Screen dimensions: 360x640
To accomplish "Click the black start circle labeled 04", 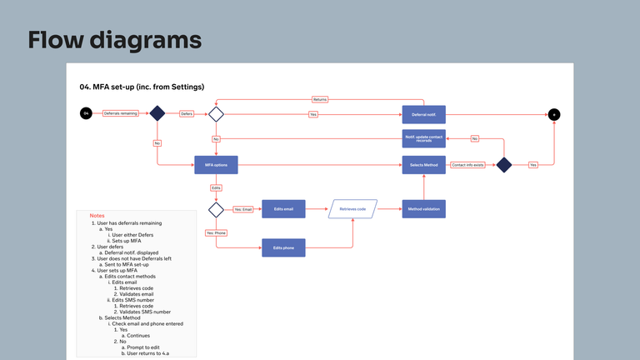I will click(85, 113).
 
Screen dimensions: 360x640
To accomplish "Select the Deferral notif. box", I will click(424, 114).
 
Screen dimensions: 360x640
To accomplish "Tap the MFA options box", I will click(216, 165).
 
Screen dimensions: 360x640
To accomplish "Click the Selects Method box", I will click(424, 165).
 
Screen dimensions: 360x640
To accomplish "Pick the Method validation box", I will click(424, 208).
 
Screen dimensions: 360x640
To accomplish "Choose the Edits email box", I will click(284, 208).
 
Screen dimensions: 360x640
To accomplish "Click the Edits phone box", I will click(284, 247).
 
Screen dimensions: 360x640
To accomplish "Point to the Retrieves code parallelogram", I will click(354, 208).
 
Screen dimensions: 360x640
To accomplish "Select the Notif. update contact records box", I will click(424, 137).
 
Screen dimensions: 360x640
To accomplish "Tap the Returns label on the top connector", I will click(320, 99).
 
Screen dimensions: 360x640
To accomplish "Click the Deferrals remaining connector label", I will click(120, 113).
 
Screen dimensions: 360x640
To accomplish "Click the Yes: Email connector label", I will click(242, 208).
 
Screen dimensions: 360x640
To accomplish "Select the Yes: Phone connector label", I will click(216, 232).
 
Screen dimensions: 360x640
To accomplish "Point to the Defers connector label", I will click(187, 113).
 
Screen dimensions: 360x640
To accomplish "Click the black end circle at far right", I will click(553, 114).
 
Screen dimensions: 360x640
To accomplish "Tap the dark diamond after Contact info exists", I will click(503, 165).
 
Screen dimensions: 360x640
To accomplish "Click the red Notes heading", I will click(97, 215).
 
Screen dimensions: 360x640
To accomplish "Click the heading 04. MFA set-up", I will click(142, 87).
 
